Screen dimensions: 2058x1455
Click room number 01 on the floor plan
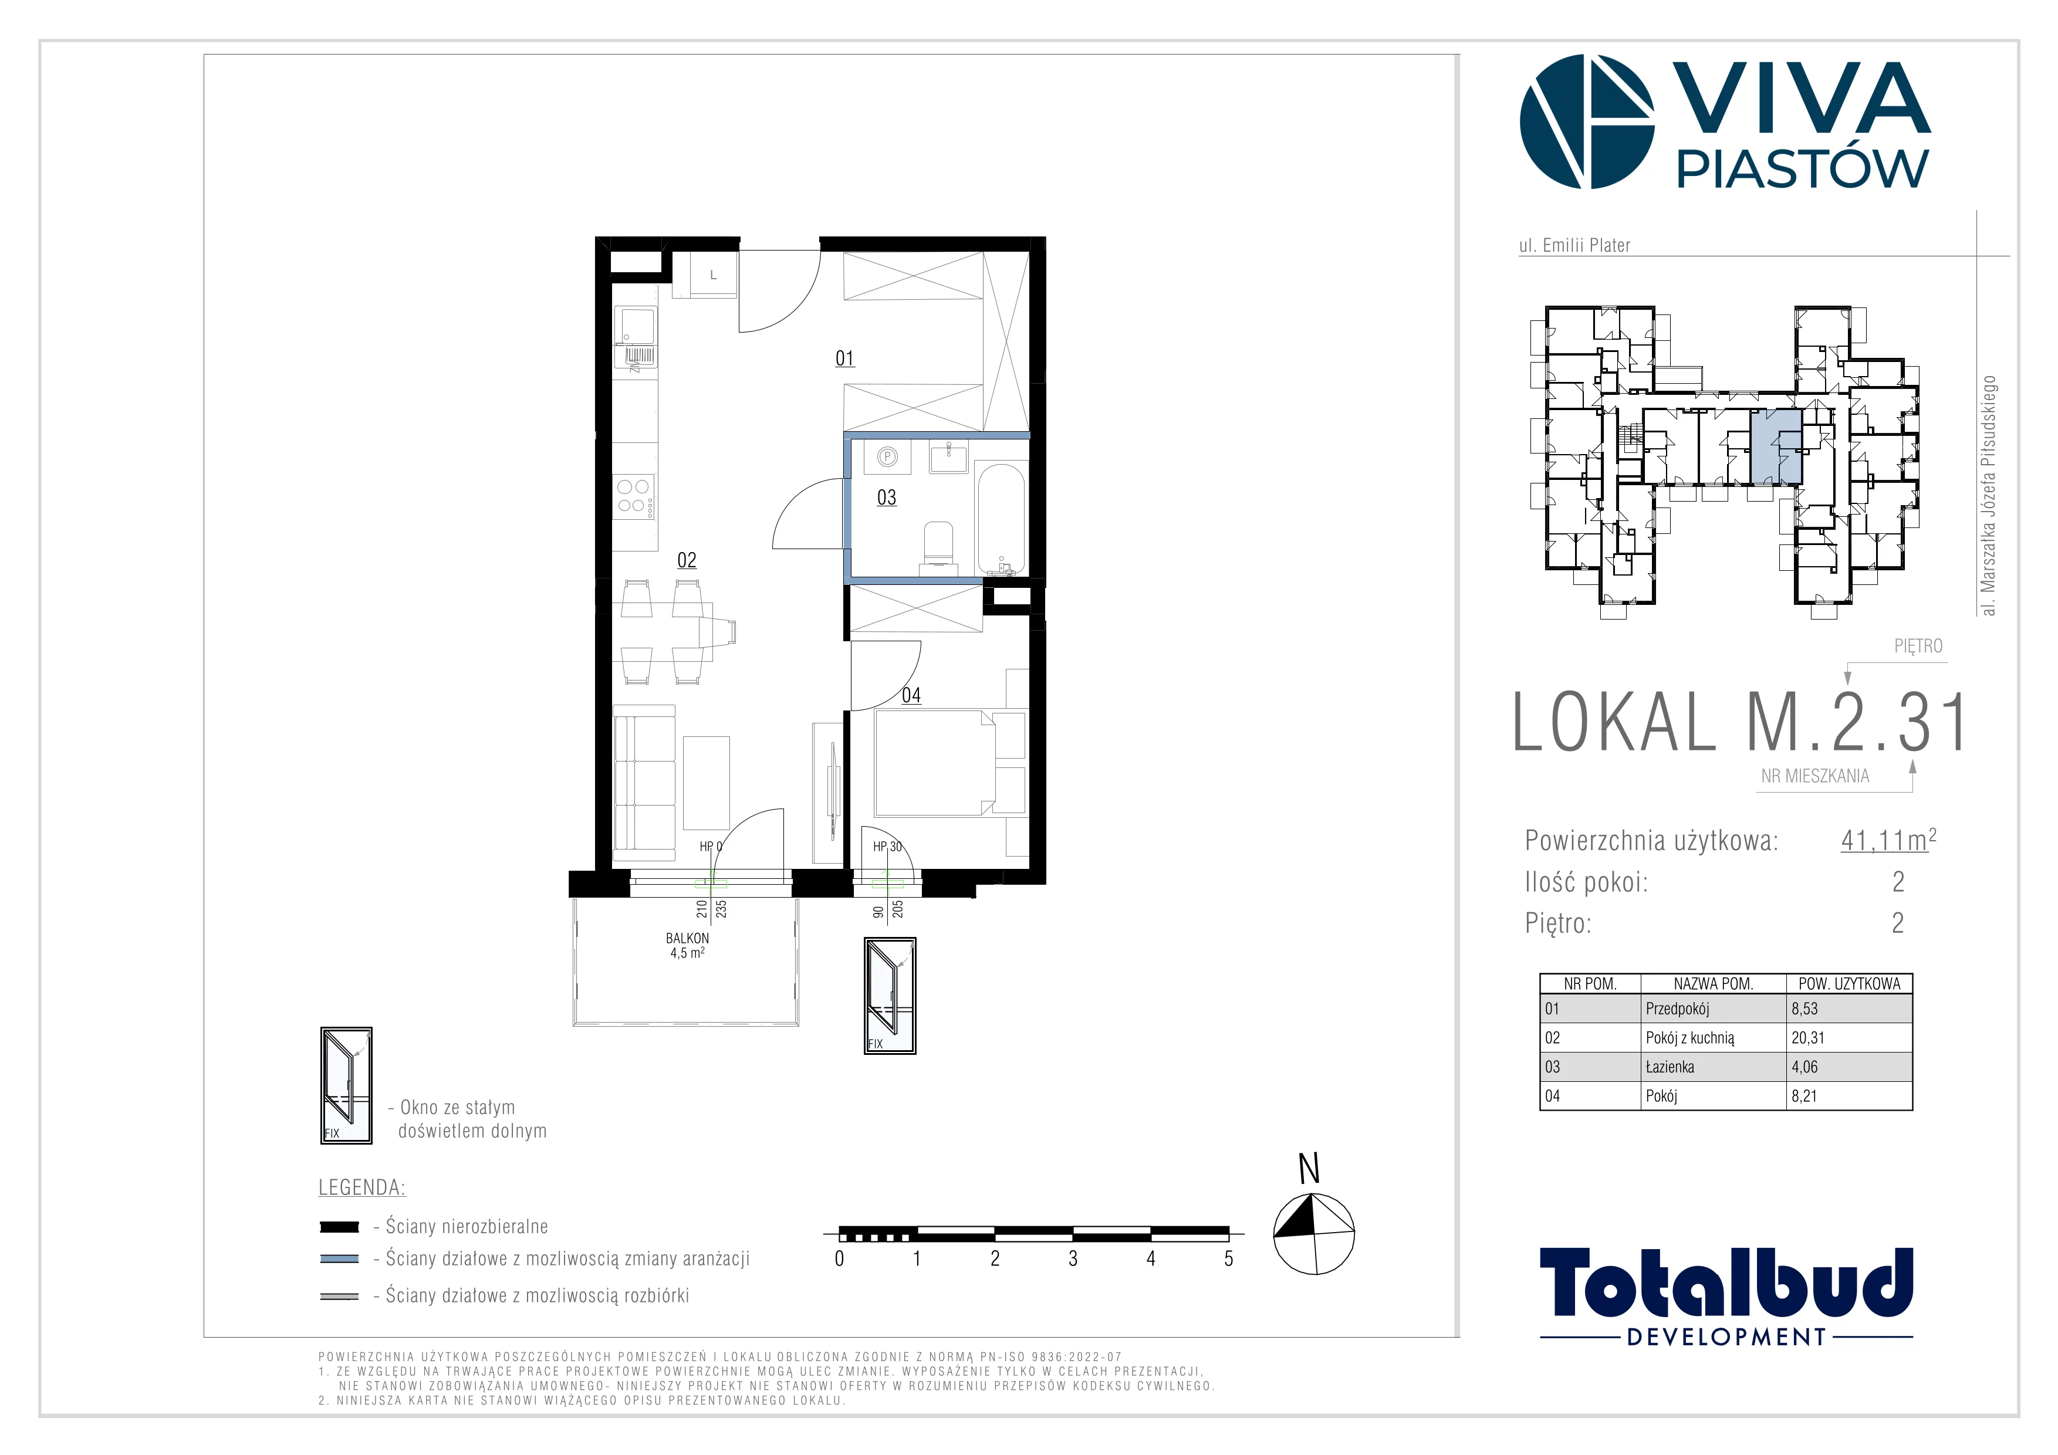click(844, 358)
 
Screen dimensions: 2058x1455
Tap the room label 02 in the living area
click(687, 560)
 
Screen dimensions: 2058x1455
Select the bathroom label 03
click(887, 498)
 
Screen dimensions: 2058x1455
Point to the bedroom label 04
click(911, 695)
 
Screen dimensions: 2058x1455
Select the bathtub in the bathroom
click(1001, 519)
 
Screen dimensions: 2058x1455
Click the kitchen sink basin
click(634, 326)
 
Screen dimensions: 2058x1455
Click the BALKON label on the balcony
click(688, 938)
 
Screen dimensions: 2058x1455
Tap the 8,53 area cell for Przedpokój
click(1804, 1009)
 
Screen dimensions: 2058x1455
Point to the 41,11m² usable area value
click(1888, 840)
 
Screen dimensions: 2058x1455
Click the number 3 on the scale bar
click(1073, 1259)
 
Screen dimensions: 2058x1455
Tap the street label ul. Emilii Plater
click(1574, 245)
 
